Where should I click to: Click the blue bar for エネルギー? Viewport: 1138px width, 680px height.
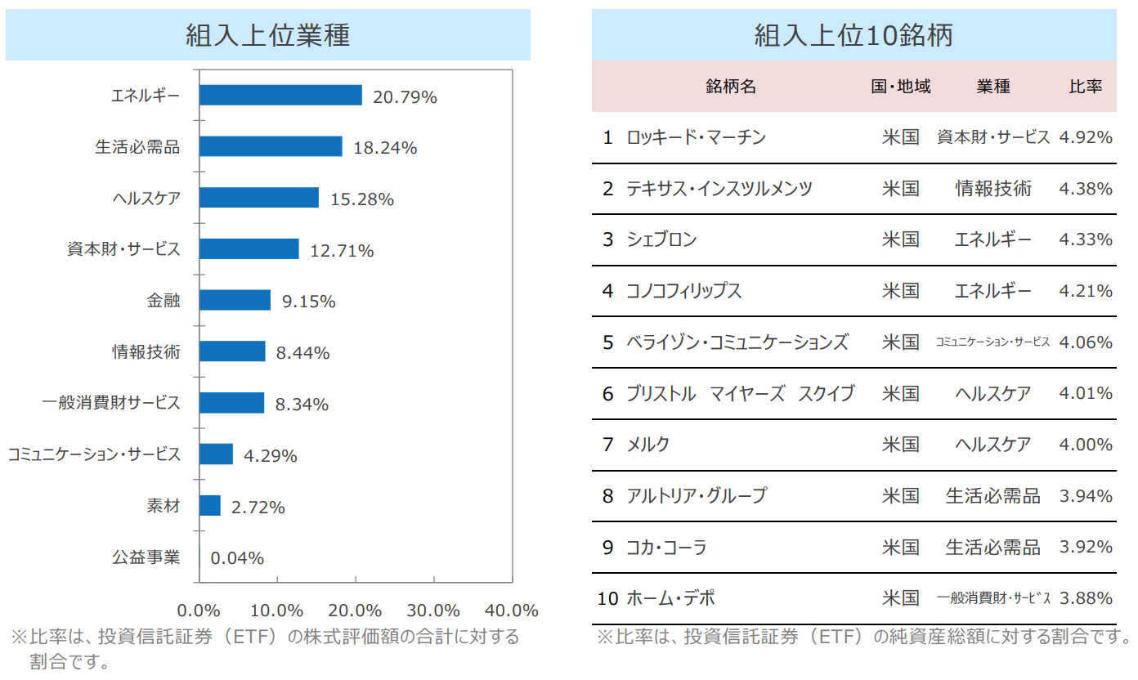pyautogui.click(x=280, y=96)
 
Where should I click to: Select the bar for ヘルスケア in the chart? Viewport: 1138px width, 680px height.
pyautogui.click(x=259, y=198)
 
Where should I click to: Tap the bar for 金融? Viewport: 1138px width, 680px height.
pyautogui.click(x=235, y=300)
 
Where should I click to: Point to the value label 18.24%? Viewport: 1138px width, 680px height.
pyautogui.click(x=385, y=148)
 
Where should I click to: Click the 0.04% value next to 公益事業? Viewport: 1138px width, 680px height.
pyautogui.click(x=237, y=558)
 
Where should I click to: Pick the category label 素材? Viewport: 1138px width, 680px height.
pyautogui.click(x=163, y=507)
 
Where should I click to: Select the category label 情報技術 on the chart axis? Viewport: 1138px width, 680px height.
pyautogui.click(x=146, y=352)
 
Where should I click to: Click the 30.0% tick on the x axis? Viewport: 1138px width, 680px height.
pyautogui.click(x=433, y=611)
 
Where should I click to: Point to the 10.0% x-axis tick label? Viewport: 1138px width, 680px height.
pyautogui.click(x=277, y=611)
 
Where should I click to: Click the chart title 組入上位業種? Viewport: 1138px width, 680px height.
pyautogui.click(x=267, y=35)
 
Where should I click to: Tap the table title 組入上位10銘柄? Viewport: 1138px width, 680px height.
pyautogui.click(x=853, y=35)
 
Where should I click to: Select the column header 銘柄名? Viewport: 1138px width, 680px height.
pyautogui.click(x=731, y=87)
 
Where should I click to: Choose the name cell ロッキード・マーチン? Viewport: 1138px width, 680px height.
pyautogui.click(x=696, y=137)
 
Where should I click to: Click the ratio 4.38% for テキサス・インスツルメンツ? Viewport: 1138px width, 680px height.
pyautogui.click(x=1086, y=189)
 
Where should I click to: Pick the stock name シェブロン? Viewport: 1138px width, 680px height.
pyautogui.click(x=661, y=239)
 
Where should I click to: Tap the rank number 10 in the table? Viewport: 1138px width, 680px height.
pyautogui.click(x=607, y=598)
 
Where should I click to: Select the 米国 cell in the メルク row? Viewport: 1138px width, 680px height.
pyautogui.click(x=900, y=445)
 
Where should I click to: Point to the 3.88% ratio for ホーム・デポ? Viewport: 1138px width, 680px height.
pyautogui.click(x=1086, y=598)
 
